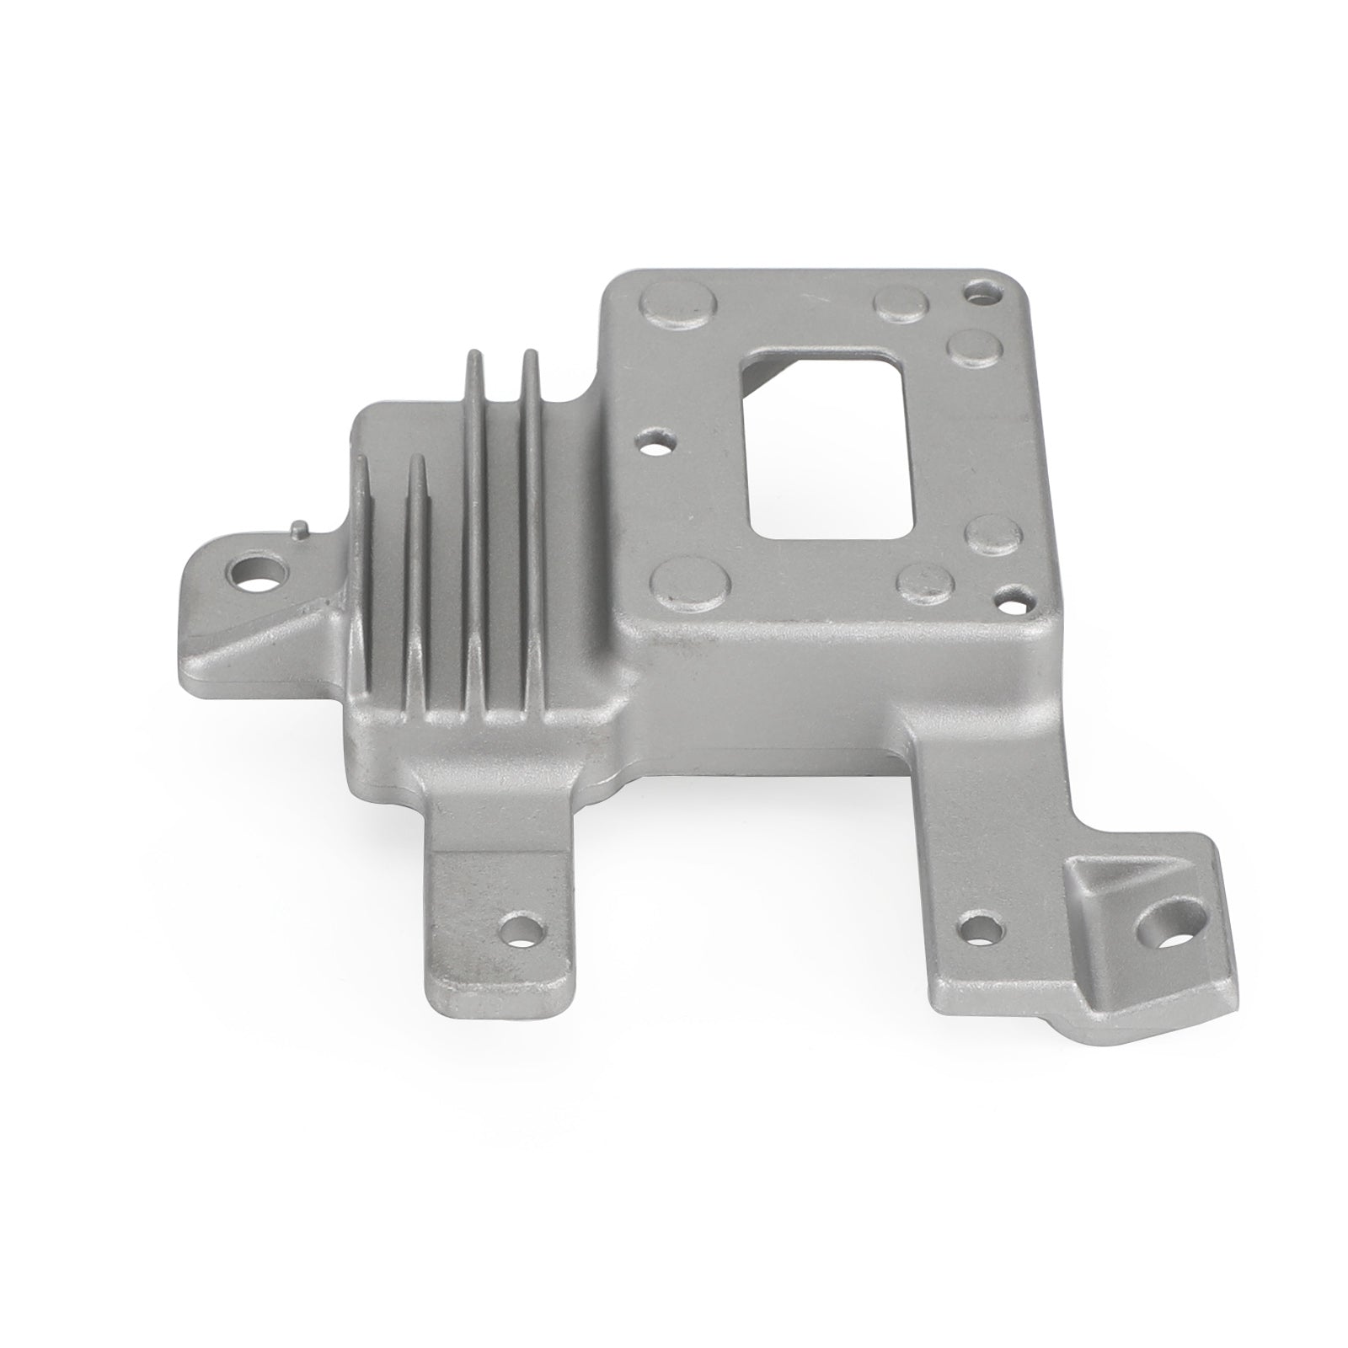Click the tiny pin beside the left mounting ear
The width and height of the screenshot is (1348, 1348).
click(301, 528)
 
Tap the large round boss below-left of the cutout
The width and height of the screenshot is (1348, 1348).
click(689, 581)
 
